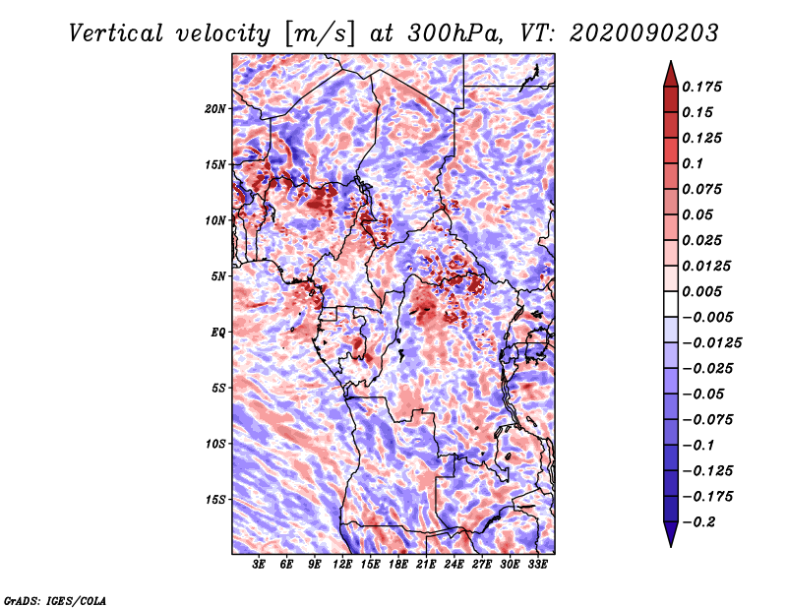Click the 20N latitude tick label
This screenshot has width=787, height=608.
tap(215, 109)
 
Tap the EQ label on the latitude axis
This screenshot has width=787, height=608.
tap(218, 333)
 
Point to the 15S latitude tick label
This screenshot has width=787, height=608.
tap(215, 500)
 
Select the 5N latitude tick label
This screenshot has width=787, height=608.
tap(218, 276)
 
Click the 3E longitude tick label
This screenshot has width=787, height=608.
tap(259, 564)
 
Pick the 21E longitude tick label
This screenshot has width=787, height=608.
tap(426, 564)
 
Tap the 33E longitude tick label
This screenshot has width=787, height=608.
tap(537, 564)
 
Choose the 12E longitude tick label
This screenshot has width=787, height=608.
tap(342, 564)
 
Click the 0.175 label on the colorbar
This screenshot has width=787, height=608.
tap(701, 87)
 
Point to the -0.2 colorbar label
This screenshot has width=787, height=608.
tap(698, 522)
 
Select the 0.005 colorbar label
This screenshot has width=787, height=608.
tap(701, 291)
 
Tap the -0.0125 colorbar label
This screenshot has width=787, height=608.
tap(711, 343)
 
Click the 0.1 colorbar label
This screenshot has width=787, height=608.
tap(693, 163)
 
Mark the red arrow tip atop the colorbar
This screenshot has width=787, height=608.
tap(671, 61)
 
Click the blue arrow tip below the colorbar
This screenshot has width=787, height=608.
tap(671, 546)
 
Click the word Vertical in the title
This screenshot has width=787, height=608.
tap(116, 33)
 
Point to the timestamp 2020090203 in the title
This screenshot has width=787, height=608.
tap(644, 33)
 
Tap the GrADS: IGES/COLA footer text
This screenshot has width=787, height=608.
tap(55, 601)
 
